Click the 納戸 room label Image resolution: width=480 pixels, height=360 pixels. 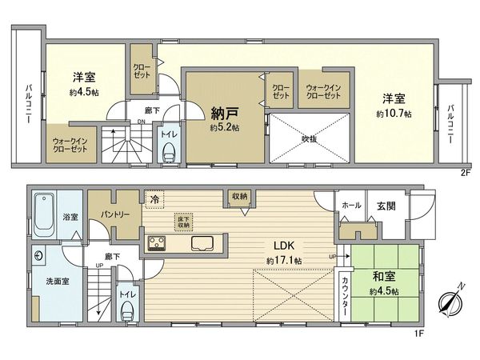coord(221,114)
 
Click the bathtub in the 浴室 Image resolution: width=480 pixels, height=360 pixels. coord(45,210)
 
